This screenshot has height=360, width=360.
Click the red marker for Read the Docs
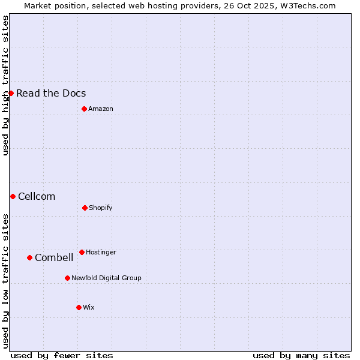[11, 93]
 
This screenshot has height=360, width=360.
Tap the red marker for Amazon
[84, 109]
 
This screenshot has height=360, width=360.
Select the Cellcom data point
[13, 196]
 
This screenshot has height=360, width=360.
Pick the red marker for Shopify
[85, 208]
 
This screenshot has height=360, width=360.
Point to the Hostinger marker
[82, 252]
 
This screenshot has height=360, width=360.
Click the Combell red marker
[29, 257]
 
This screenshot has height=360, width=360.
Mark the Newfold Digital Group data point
[67, 278]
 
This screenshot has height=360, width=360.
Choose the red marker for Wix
[79, 307]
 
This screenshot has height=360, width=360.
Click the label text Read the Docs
[51, 93]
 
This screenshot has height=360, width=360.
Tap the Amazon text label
[101, 109]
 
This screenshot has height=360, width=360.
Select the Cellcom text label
[37, 196]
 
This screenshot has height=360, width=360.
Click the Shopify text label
[101, 208]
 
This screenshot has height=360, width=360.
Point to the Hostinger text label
[101, 252]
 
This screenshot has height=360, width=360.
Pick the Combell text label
[54, 257]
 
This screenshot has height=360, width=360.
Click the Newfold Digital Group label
[106, 278]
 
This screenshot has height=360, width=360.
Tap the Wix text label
[89, 307]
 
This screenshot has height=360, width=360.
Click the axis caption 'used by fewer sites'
[62, 355]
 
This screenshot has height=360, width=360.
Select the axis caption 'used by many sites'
[301, 355]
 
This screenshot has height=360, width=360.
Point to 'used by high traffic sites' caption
[5, 85]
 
